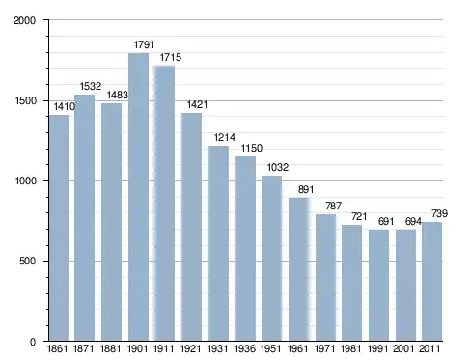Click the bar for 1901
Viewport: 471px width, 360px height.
pyautogui.click(x=138, y=197)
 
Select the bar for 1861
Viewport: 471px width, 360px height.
pyautogui.click(x=59, y=228)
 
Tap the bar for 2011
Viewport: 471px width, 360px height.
pyautogui.click(x=431, y=282)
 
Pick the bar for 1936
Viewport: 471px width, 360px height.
pyautogui.click(x=245, y=249)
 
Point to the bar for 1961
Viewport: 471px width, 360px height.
pyautogui.click(x=299, y=269)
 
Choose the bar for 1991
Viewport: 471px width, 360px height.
pyautogui.click(x=378, y=286)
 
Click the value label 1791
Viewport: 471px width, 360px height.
pyautogui.click(x=144, y=44)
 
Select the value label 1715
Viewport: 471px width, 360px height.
pyautogui.click(x=171, y=57)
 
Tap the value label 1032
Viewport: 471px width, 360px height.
pyautogui.click(x=278, y=167)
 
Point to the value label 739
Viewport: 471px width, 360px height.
pyautogui.click(x=439, y=213)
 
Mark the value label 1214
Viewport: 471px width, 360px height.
pyautogui.click(x=225, y=138)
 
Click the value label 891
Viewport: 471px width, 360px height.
pyautogui.click(x=306, y=189)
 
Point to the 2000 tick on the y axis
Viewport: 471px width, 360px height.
pyautogui.click(x=24, y=20)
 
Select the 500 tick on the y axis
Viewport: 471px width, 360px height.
pyautogui.click(x=27, y=261)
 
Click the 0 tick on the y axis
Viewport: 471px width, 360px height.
pyautogui.click(x=33, y=342)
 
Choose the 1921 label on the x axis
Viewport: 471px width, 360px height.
pyautogui.click(x=191, y=348)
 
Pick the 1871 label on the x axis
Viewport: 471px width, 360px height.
pyautogui.click(x=84, y=348)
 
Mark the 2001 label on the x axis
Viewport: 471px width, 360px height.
pyautogui.click(x=403, y=348)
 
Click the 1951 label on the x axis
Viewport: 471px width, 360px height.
pyautogui.click(x=271, y=348)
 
